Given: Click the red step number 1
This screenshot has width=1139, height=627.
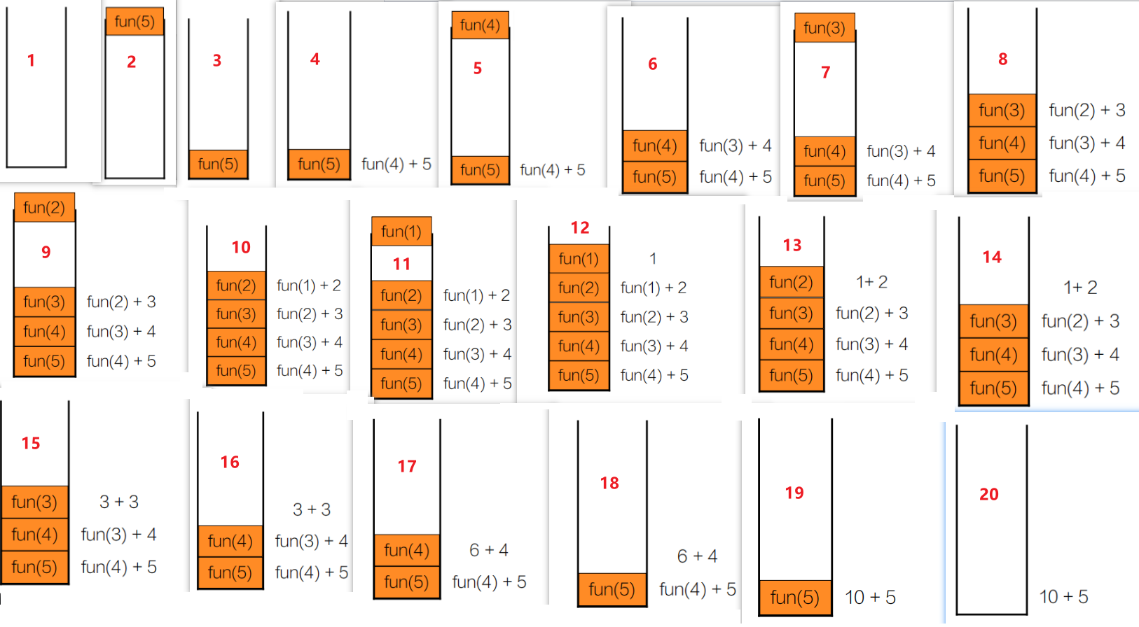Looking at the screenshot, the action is click(31, 61).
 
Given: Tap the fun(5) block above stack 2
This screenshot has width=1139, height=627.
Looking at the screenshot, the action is click(134, 22).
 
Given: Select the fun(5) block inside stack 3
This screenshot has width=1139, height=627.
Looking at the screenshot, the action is click(218, 164).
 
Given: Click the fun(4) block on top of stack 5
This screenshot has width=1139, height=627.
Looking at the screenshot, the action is click(480, 26).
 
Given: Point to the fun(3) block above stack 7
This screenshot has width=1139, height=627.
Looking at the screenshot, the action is click(824, 28).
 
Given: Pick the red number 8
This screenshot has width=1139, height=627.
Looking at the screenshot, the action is click(1002, 59).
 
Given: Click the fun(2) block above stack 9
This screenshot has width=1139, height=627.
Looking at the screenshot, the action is click(44, 208).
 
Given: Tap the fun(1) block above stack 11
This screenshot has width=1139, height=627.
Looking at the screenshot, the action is click(401, 232).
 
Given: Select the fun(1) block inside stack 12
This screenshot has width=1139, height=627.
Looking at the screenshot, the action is click(579, 259).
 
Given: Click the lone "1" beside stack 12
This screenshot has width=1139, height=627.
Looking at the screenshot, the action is click(653, 259).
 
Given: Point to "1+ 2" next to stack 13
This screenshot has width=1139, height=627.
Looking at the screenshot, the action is click(871, 282).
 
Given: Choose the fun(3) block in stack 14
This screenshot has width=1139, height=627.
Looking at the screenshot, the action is click(993, 321).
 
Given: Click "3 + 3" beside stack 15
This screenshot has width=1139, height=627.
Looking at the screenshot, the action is click(119, 502).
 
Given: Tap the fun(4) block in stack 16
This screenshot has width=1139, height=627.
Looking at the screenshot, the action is click(230, 541).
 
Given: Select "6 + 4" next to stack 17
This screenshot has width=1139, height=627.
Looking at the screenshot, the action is click(489, 550).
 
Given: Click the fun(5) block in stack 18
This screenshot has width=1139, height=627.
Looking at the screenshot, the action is click(612, 590).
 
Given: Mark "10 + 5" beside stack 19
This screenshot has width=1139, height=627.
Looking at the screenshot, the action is click(870, 598).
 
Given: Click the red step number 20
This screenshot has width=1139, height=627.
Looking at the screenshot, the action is click(988, 495).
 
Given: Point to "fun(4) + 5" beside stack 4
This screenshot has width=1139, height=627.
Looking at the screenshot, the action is click(396, 164).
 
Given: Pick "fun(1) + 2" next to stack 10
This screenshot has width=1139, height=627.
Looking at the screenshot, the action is click(309, 286).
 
